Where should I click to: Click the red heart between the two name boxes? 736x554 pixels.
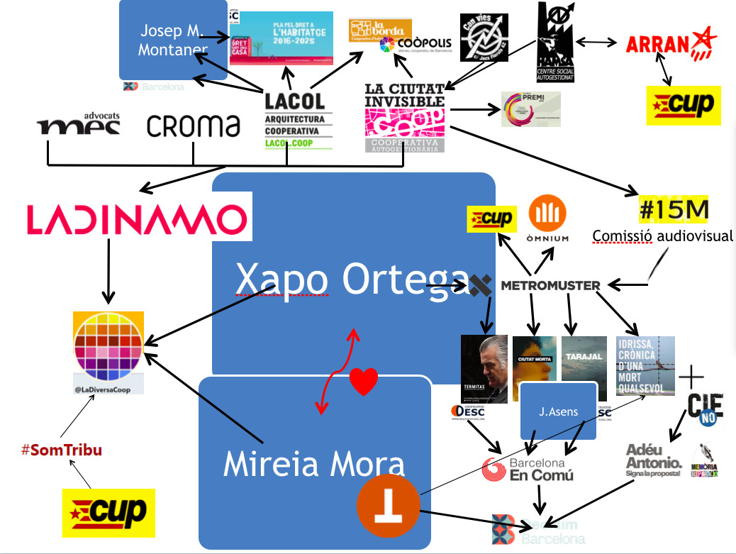tap(364, 383)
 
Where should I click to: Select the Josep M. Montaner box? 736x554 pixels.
tap(172, 40)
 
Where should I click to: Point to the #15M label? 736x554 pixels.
tap(673, 211)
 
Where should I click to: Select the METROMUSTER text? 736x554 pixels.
tap(550, 285)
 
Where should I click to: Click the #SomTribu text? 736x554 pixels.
tap(62, 450)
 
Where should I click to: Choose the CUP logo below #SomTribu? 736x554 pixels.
tap(108, 511)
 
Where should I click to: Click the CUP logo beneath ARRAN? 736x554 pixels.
tap(684, 106)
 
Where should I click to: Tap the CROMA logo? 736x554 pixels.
tap(193, 126)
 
